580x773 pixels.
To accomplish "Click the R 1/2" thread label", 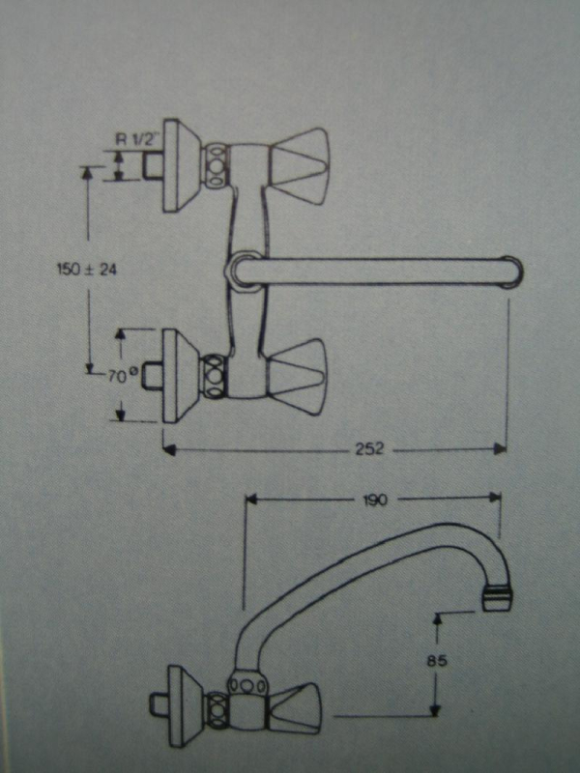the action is point(136,138).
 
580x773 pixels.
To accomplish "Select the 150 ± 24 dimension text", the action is point(86,271).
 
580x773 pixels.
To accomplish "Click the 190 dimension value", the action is point(375,500).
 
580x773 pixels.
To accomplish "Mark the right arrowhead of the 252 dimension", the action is point(501,448).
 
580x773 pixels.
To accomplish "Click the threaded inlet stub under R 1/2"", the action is point(151,166).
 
